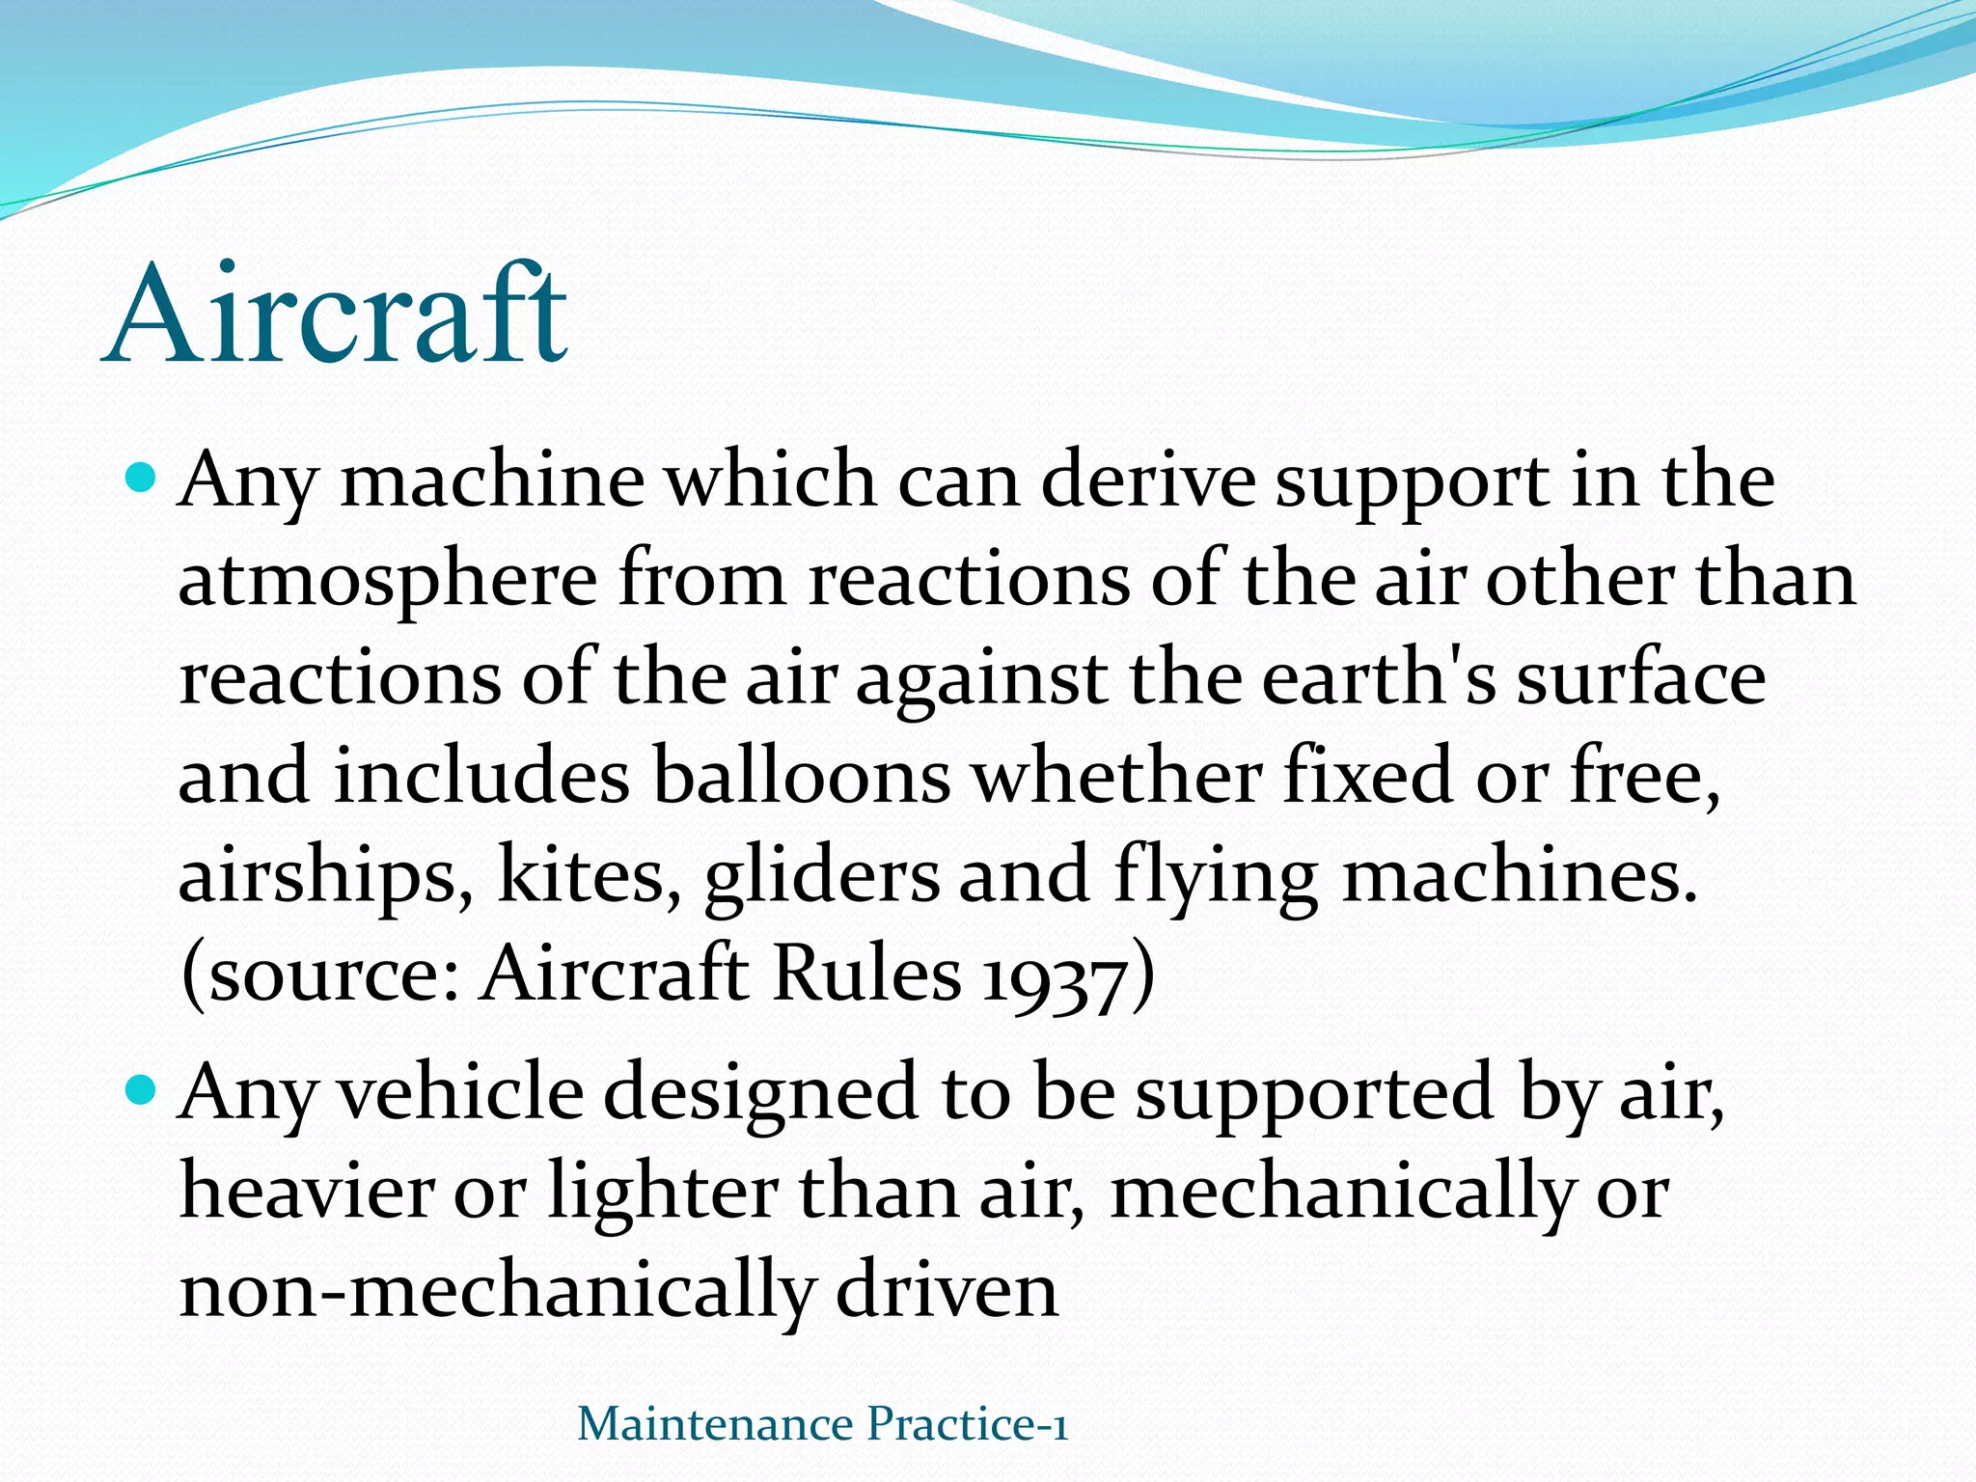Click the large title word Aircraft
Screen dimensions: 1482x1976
coord(336,315)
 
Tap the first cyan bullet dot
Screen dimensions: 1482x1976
coord(141,476)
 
